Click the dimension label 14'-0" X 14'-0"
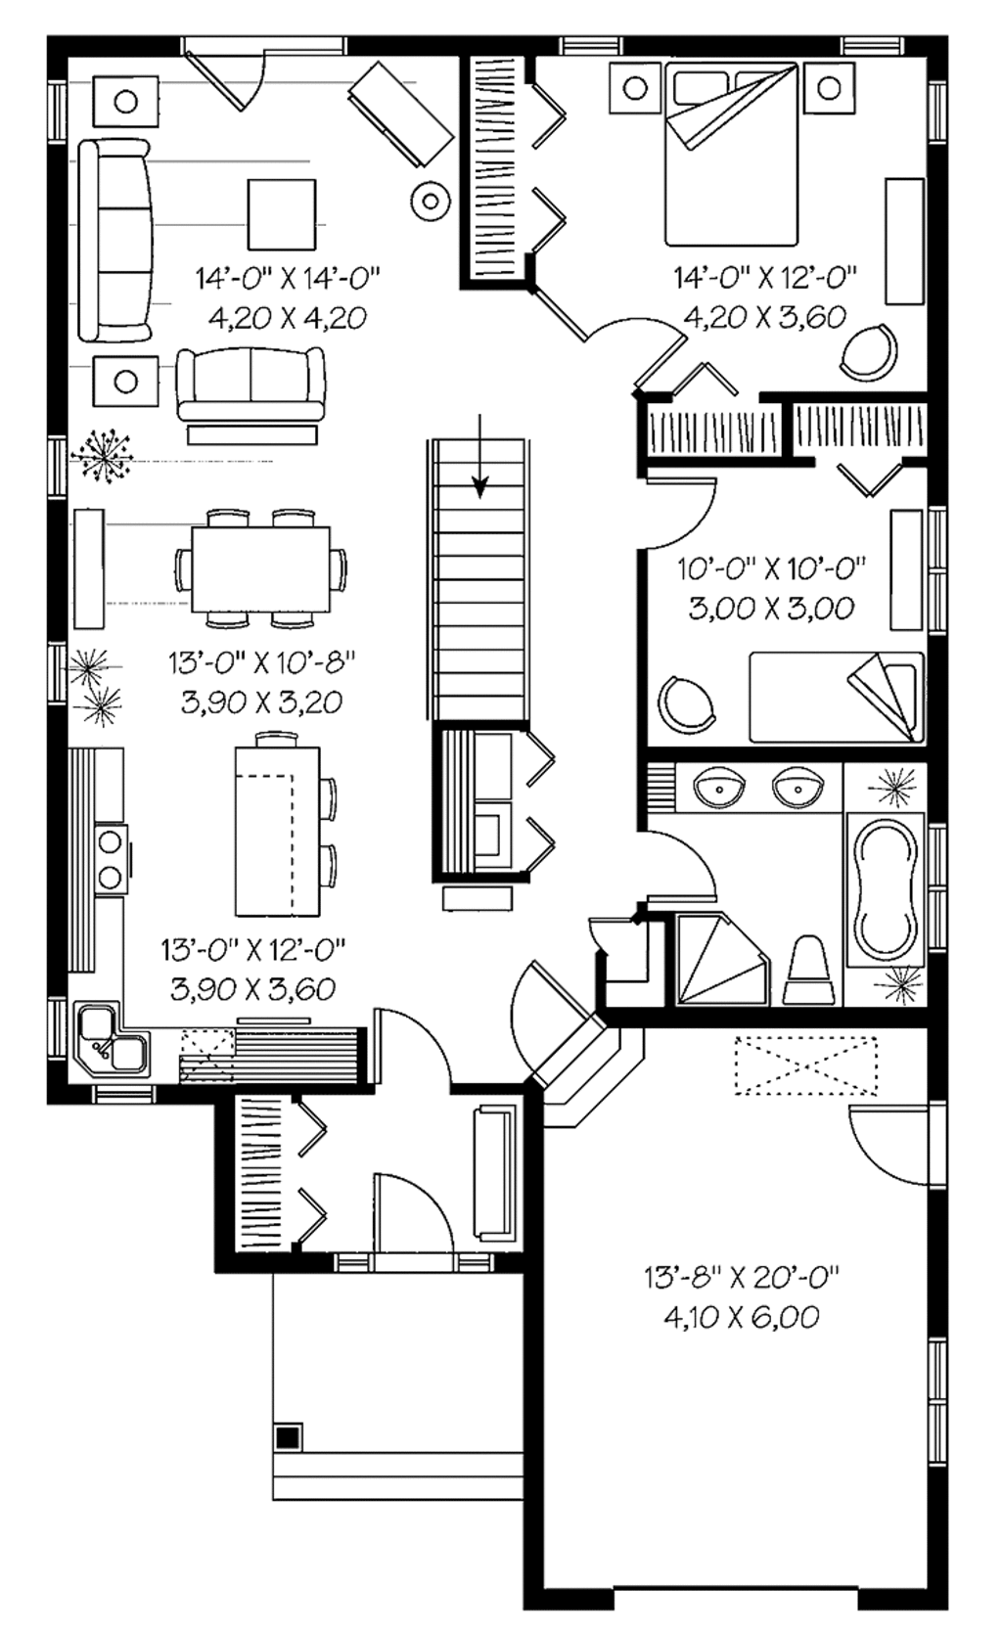click(287, 279)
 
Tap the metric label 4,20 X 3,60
click(764, 317)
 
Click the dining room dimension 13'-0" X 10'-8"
click(260, 662)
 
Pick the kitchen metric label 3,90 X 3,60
click(252, 988)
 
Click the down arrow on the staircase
click(479, 481)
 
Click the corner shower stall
click(720, 960)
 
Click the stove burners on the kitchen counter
click(110, 858)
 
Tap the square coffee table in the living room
click(282, 214)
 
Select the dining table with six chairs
click(260, 568)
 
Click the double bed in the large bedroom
click(730, 155)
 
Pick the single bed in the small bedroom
click(837, 697)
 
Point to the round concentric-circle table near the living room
click(429, 202)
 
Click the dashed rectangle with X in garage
click(805, 1065)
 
